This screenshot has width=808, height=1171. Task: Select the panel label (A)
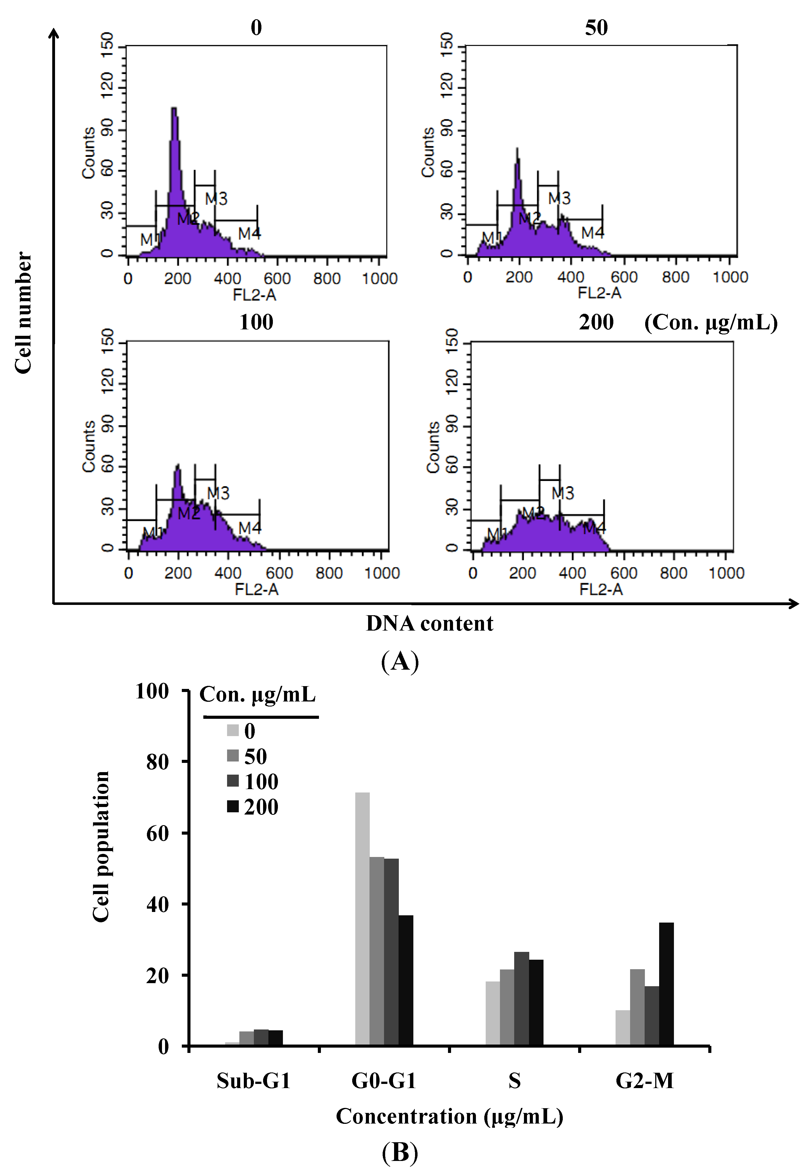(400, 661)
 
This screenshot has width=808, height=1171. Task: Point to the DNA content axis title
(429, 623)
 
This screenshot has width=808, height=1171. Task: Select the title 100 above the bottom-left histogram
(256, 322)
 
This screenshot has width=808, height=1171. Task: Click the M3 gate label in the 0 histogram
(216, 199)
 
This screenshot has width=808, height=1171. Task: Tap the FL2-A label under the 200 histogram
(601, 589)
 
